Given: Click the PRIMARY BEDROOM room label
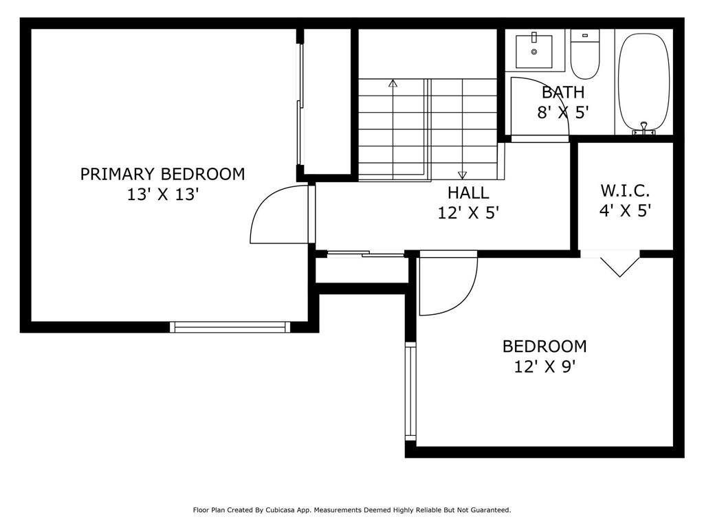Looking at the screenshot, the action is (162, 174).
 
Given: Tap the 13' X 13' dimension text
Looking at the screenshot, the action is (162, 195).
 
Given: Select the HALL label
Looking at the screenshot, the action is (468, 192).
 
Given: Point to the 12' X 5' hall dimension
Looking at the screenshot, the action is (468, 213).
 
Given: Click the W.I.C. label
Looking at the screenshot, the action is (625, 190).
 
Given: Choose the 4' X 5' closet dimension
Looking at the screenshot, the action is (625, 210).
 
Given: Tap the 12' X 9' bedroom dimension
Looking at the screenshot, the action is (544, 367).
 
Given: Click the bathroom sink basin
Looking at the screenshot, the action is (533, 51).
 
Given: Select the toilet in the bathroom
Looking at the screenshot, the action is (585, 54).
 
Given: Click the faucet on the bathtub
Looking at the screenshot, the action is (643, 129).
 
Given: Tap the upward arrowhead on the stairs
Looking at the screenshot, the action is (393, 83).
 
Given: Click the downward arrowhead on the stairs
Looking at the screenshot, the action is (462, 175).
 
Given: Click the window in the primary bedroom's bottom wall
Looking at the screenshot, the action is (230, 327).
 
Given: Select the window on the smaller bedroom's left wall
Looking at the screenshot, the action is (410, 391).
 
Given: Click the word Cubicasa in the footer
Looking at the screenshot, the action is (280, 510).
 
